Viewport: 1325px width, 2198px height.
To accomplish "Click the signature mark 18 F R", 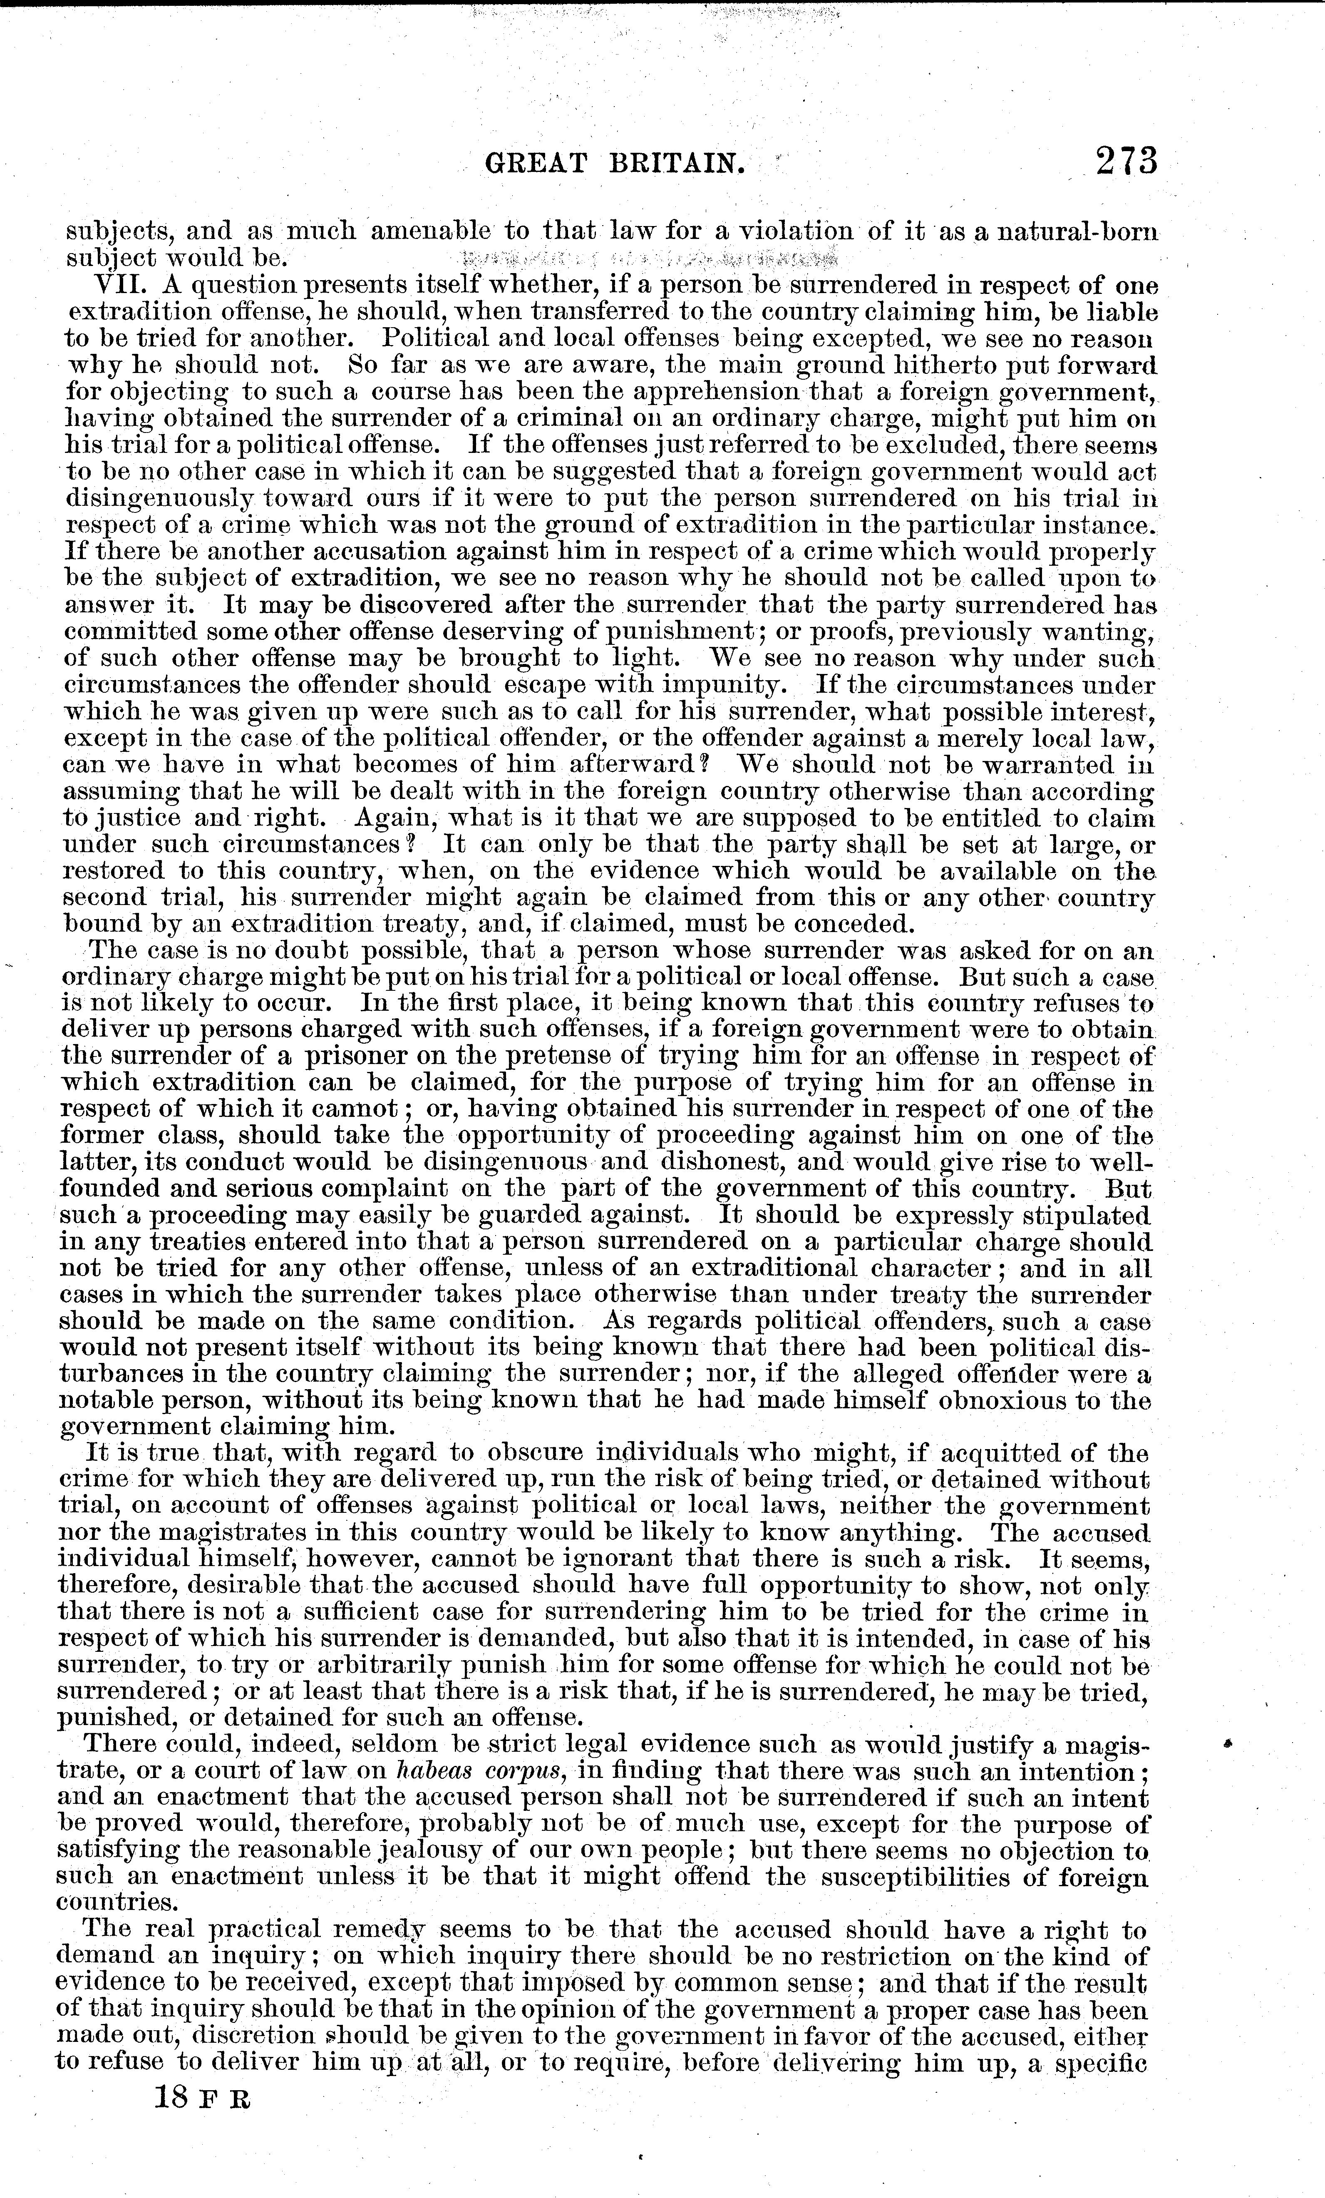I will (x=202, y=2098).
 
